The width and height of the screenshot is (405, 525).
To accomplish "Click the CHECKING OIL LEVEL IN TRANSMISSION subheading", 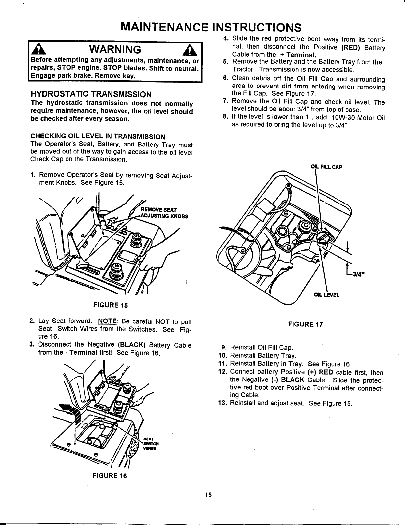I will click(x=98, y=136).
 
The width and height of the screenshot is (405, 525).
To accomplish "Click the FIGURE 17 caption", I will click(x=305, y=324).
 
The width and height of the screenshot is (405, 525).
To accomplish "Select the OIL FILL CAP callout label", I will click(x=326, y=166).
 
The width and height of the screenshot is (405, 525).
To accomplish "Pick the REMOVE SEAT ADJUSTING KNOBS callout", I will click(x=164, y=213).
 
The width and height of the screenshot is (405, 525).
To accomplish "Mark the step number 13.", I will click(x=222, y=403).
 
